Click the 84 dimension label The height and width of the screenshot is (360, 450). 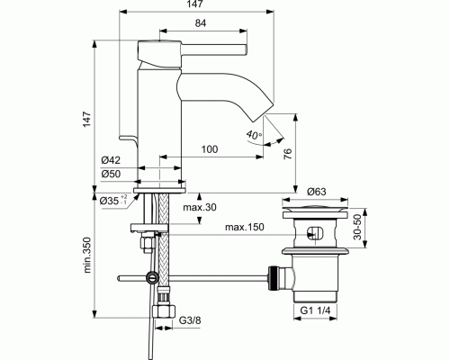pyautogui.click(x=201, y=23)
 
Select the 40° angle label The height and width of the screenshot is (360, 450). pyautogui.click(x=254, y=135)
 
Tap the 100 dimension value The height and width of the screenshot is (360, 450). pyautogui.click(x=210, y=149)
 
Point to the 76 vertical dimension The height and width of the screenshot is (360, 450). pyautogui.click(x=287, y=154)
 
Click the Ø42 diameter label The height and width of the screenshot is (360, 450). pyautogui.click(x=111, y=160)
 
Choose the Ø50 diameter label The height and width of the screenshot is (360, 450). pyautogui.click(x=111, y=174)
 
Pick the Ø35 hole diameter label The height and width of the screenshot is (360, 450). pyautogui.click(x=113, y=200)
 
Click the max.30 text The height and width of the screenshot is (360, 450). pyautogui.click(x=200, y=207)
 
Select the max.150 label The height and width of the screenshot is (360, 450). pyautogui.click(x=245, y=227)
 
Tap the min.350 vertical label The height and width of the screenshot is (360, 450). pyautogui.click(x=87, y=255)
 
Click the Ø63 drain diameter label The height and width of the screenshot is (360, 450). pyautogui.click(x=316, y=192)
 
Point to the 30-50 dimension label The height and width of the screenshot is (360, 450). pyautogui.click(x=357, y=227)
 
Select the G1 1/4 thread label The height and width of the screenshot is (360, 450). pyautogui.click(x=315, y=310)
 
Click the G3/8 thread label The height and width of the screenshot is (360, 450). pyautogui.click(x=190, y=320)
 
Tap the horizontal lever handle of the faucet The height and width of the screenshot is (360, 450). pyautogui.click(x=214, y=49)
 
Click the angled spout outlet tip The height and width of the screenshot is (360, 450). pyautogui.click(x=264, y=112)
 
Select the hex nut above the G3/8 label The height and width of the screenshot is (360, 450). pyautogui.click(x=164, y=311)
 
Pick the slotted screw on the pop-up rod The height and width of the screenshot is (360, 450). pyautogui.click(x=152, y=277)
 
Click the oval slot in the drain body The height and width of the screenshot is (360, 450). pyautogui.click(x=315, y=232)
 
